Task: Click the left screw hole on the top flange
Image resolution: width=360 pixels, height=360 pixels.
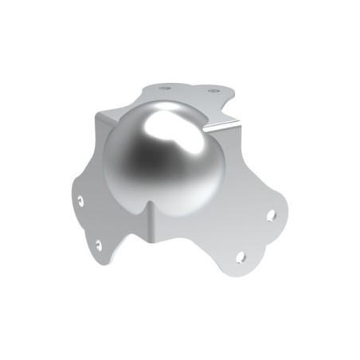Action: [165, 88]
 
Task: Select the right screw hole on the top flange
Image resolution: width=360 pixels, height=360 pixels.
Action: [213, 92]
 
